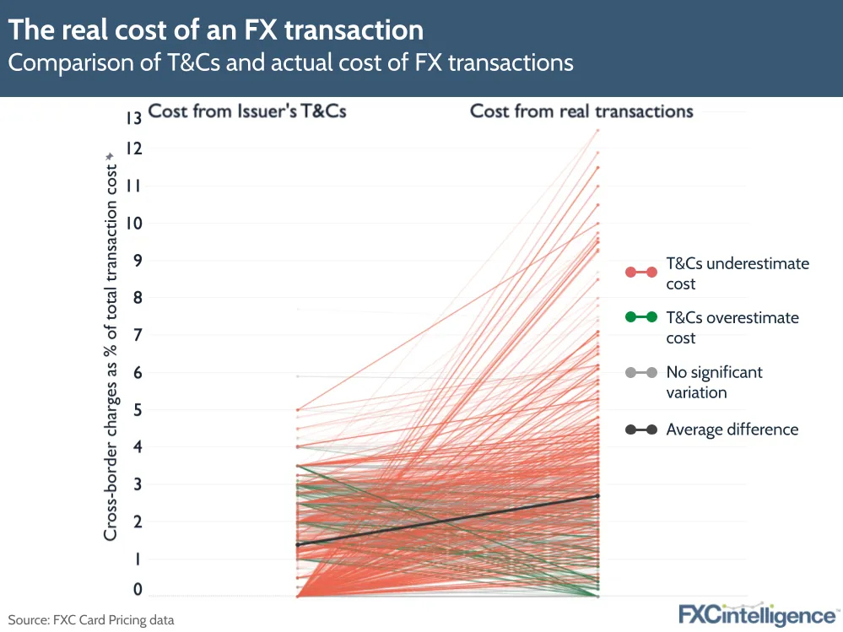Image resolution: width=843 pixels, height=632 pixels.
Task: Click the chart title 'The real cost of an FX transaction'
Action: click(215, 30)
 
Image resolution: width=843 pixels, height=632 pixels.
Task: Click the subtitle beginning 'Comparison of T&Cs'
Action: click(291, 62)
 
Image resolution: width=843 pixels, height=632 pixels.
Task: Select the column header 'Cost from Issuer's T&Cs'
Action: click(247, 111)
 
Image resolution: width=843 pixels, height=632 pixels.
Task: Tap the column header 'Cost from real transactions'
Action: click(581, 111)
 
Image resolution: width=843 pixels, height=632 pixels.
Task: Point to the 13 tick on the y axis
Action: click(133, 118)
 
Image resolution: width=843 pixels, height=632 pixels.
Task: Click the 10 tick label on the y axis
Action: click(133, 224)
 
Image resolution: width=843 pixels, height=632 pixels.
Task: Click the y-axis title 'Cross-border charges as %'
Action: click(111, 346)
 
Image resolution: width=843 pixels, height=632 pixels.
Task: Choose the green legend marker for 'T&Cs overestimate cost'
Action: click(641, 318)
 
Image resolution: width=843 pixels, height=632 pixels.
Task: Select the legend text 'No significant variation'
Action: click(713, 381)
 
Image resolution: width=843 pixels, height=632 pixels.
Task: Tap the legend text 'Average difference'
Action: click(732, 429)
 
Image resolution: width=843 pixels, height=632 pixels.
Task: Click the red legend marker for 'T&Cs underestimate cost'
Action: click(641, 272)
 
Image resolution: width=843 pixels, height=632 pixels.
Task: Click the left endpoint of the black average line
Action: click(297, 544)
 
